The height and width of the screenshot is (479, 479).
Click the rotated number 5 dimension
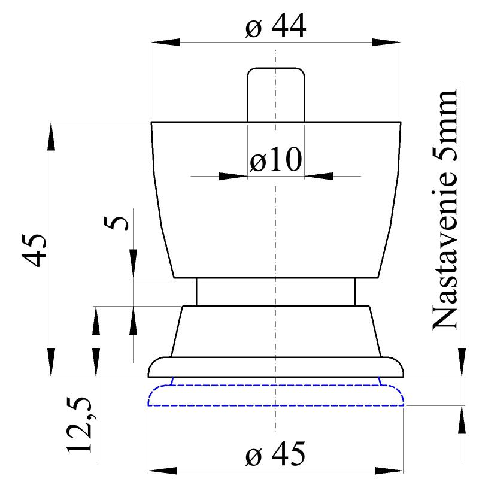(x=120, y=223)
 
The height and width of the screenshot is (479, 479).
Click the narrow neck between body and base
(x=275, y=292)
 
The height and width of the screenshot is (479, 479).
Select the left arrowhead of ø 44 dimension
(x=165, y=43)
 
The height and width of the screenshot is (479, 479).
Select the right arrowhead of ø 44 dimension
(x=386, y=43)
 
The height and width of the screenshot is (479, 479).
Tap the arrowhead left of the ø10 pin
(x=234, y=176)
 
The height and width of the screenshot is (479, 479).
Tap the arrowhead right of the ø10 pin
(x=319, y=176)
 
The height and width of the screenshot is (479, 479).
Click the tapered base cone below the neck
(x=275, y=332)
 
